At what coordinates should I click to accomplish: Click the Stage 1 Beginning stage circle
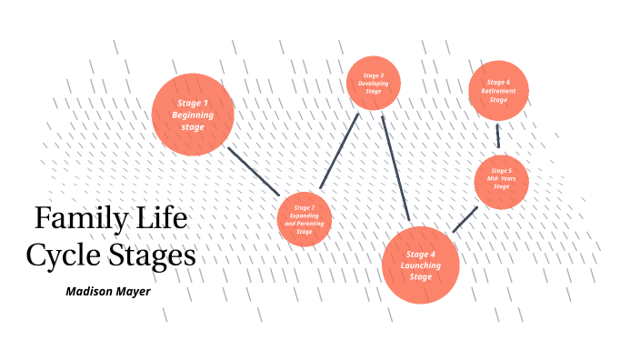193,115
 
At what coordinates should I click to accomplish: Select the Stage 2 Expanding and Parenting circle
305,220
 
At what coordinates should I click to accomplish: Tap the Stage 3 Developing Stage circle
374,83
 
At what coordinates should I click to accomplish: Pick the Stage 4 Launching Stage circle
421,265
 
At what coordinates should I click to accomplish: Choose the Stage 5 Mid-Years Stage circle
501,182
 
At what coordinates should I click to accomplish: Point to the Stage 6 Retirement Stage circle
498,89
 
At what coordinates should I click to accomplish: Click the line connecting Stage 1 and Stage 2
253,170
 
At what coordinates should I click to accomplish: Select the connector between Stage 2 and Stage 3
339,151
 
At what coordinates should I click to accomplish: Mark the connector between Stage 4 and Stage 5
465,219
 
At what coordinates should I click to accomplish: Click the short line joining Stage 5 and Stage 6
498,136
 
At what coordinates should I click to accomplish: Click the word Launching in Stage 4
421,265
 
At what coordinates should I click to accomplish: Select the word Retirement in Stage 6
498,91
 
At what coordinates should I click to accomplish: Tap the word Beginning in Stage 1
193,115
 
